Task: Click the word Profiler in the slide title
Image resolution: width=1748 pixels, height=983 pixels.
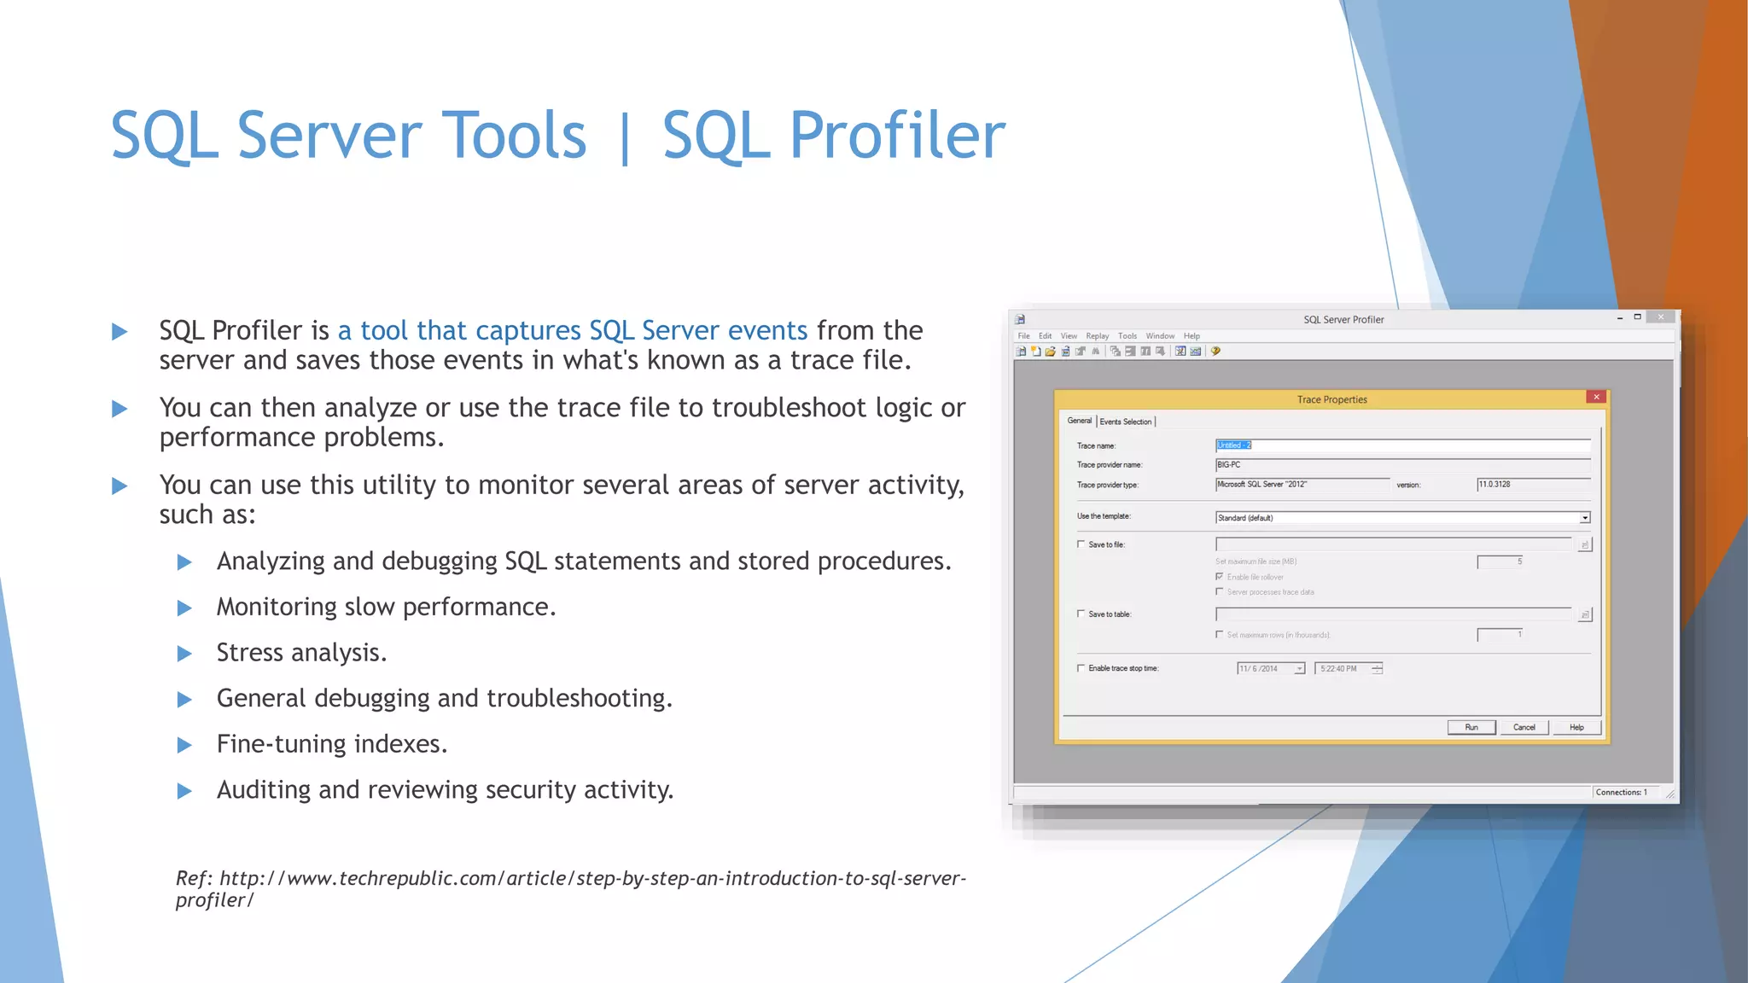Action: (896, 135)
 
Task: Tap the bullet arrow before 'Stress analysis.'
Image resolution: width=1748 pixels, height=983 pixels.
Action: (184, 654)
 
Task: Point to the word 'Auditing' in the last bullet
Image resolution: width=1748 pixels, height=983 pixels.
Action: (263, 790)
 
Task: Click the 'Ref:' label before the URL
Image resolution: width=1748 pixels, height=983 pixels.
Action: (194, 878)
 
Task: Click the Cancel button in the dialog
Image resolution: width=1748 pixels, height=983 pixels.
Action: (1524, 727)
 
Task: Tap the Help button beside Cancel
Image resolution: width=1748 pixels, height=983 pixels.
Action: (1576, 727)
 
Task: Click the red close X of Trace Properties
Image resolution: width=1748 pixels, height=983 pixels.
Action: (1596, 397)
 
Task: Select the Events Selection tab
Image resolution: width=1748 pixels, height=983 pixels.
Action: (1125, 422)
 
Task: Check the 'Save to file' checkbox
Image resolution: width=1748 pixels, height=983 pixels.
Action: (1081, 544)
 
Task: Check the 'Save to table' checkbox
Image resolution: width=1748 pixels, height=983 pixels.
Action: (1081, 614)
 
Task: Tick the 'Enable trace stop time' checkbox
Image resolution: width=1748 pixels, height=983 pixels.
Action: (1081, 668)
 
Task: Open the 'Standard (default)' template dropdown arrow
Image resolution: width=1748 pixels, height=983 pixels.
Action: (1584, 518)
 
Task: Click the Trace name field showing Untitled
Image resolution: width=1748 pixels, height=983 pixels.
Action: (1400, 445)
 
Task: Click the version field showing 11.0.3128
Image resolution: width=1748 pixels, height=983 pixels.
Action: (1532, 484)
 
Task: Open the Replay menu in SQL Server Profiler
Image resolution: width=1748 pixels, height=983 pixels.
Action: (1097, 336)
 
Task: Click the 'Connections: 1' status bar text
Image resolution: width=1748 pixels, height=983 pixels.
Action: (1621, 792)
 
